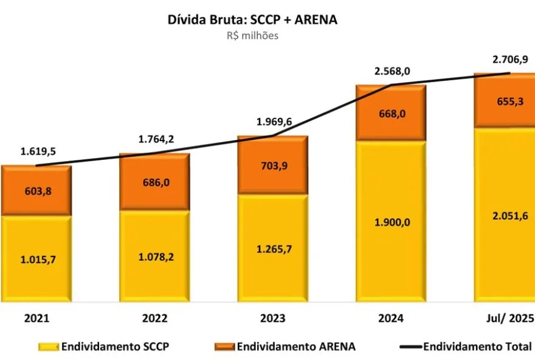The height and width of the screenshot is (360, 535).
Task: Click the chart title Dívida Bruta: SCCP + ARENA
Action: coord(252,19)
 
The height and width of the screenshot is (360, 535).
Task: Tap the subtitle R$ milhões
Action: coord(252,35)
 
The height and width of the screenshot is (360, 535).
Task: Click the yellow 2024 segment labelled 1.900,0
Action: coord(391,222)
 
